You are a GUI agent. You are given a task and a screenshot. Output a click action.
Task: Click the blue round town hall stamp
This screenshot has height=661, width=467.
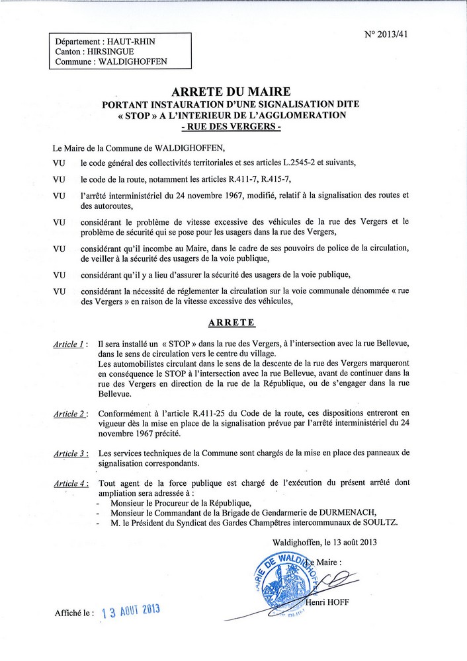(x=281, y=582)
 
